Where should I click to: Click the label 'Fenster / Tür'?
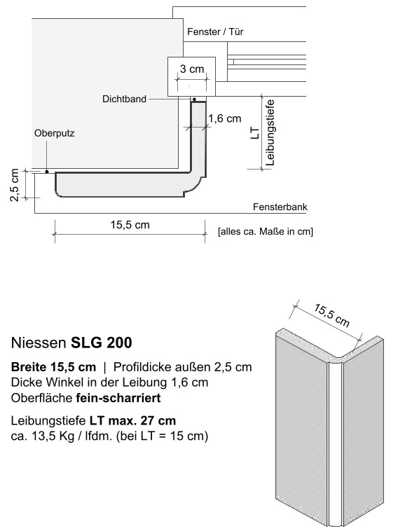click(x=215, y=32)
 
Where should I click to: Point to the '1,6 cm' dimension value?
click(x=224, y=119)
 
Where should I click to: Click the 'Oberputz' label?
click(x=54, y=132)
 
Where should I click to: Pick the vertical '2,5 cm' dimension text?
click(x=14, y=185)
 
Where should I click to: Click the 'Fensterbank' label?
click(x=280, y=207)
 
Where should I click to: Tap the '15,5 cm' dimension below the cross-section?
click(x=130, y=225)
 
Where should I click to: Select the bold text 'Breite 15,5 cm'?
click(x=53, y=367)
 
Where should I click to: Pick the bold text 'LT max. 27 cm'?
click(x=132, y=420)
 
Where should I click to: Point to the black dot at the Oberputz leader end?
click(x=46, y=171)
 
